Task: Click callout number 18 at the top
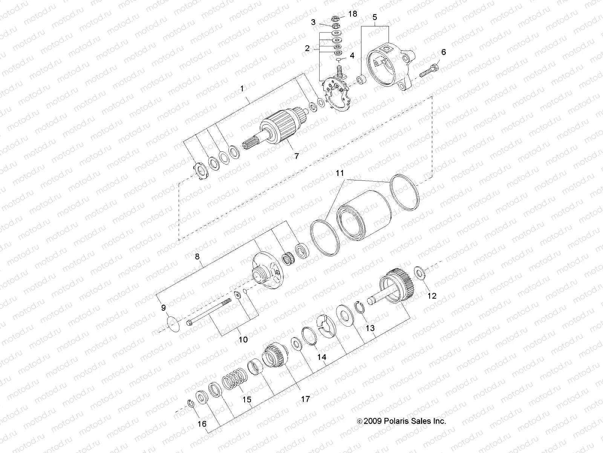(x=352, y=14)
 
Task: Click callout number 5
(x=375, y=17)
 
